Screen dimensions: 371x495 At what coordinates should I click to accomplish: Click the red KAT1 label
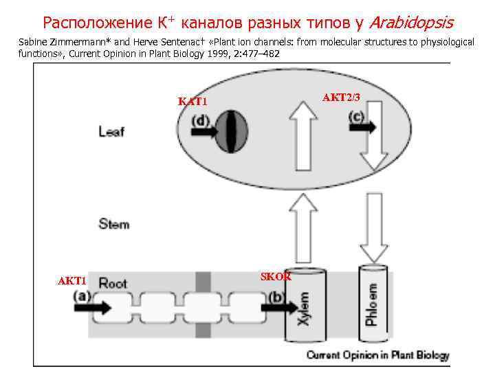(192, 102)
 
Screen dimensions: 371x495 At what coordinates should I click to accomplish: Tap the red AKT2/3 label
(341, 98)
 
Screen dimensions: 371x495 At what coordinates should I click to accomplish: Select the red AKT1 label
(71, 281)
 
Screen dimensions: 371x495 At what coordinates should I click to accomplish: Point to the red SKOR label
(276, 276)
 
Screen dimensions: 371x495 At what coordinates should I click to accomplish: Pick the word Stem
(113, 223)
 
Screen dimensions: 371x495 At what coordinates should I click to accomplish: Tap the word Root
(113, 282)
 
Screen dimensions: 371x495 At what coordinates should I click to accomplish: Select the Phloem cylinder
(371, 302)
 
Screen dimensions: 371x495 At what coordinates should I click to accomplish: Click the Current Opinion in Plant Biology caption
(377, 355)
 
